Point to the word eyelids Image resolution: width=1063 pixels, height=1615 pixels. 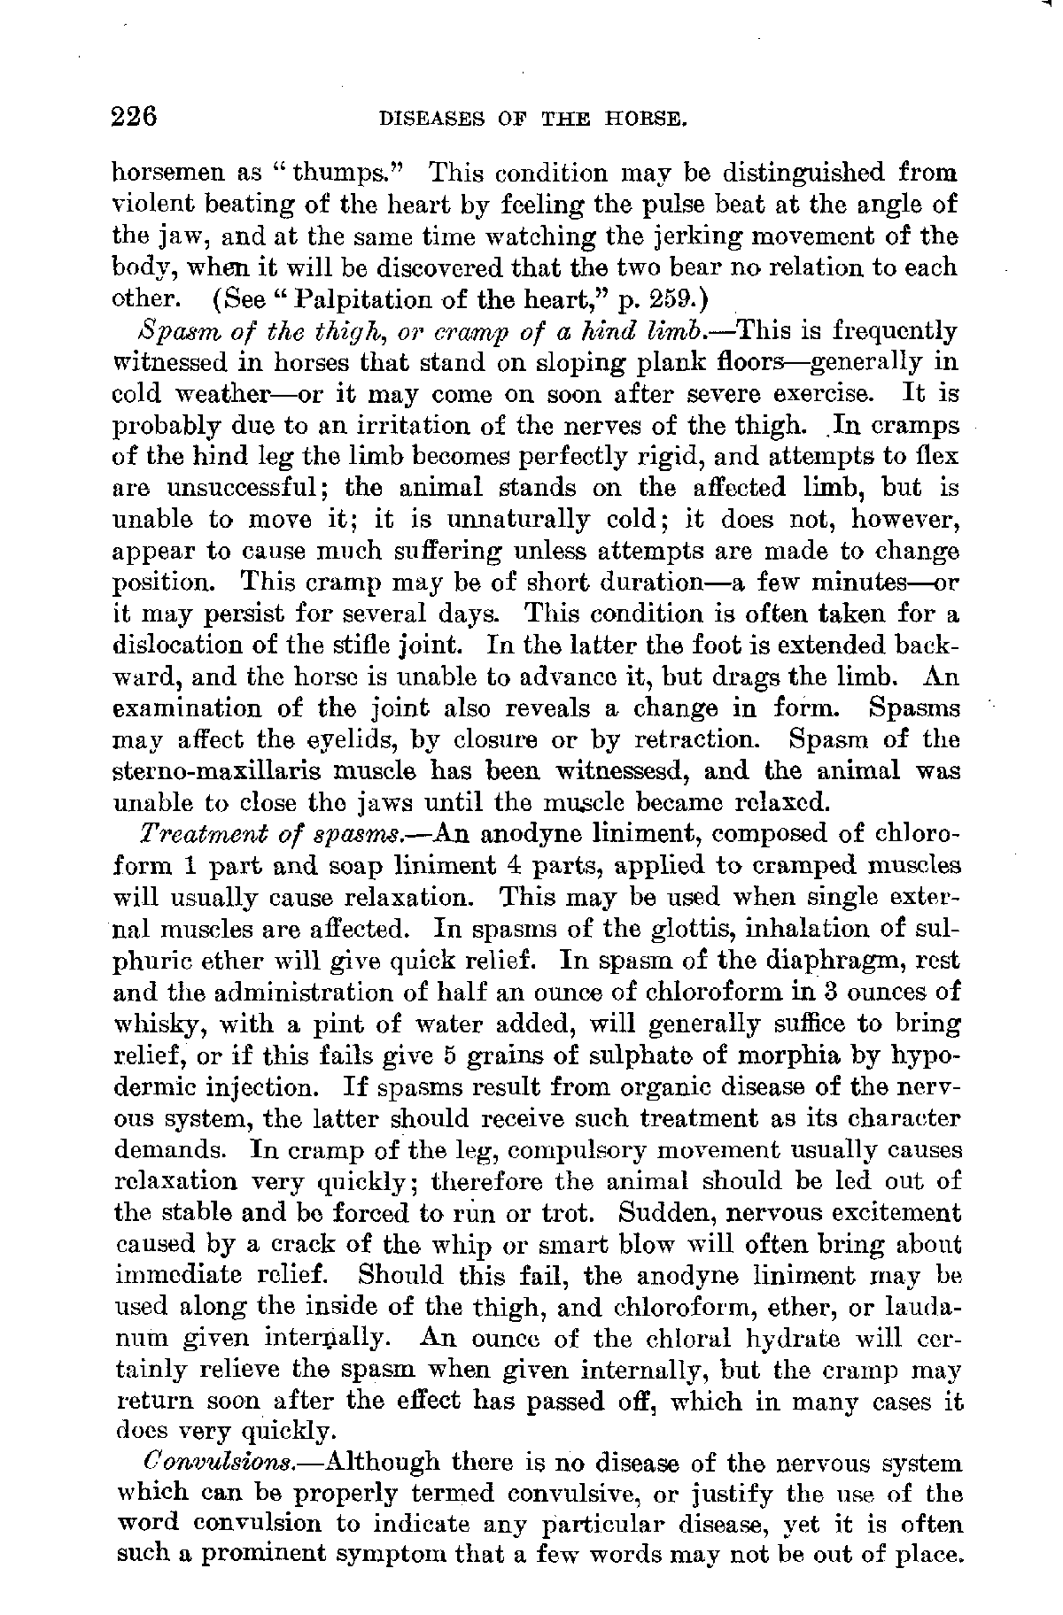click(338, 740)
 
